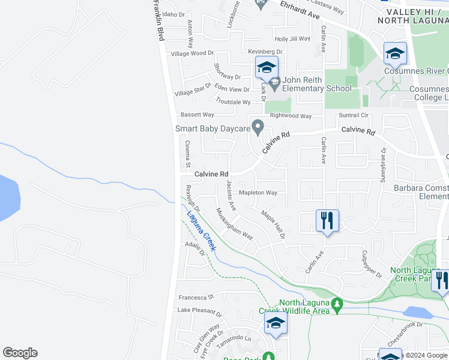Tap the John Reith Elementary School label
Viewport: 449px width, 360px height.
tap(317, 88)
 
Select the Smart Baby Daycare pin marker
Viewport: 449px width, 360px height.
tap(258, 128)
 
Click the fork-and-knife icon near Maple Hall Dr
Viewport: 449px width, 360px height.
tap(328, 220)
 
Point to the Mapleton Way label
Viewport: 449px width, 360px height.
tap(258, 193)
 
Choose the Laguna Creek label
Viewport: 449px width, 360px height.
tap(200, 231)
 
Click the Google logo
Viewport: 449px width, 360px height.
tap(20, 353)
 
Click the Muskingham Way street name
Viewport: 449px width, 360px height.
tap(235, 223)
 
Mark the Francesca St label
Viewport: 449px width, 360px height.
tap(196, 297)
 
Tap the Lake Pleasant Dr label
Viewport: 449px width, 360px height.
tap(199, 313)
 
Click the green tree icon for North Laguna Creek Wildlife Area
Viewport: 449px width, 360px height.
tap(337, 305)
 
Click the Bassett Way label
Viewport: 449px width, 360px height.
tap(197, 115)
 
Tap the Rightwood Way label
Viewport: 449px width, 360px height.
tap(291, 116)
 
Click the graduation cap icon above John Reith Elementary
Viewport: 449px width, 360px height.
tap(267, 68)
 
